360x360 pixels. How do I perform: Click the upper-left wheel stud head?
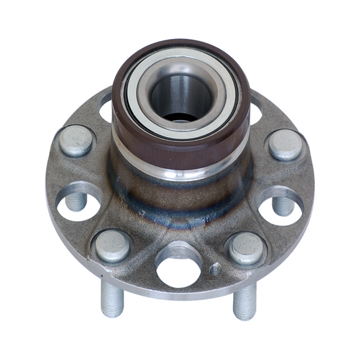tap(76, 140)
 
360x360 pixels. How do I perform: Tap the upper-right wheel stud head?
tap(284, 145)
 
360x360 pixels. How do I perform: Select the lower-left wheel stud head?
tap(112, 245)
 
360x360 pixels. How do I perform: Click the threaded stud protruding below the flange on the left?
tap(111, 297)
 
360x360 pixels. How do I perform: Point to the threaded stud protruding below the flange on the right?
tap(244, 301)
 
